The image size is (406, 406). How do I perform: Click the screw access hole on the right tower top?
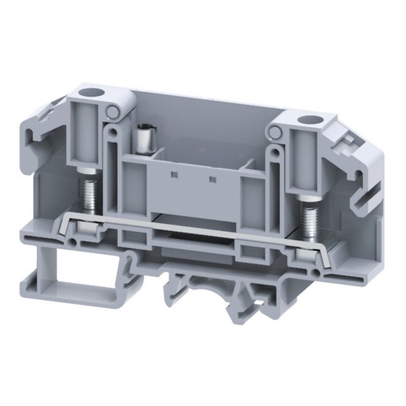tap(307, 121)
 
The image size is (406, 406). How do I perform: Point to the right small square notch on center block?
tap(212, 179)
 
